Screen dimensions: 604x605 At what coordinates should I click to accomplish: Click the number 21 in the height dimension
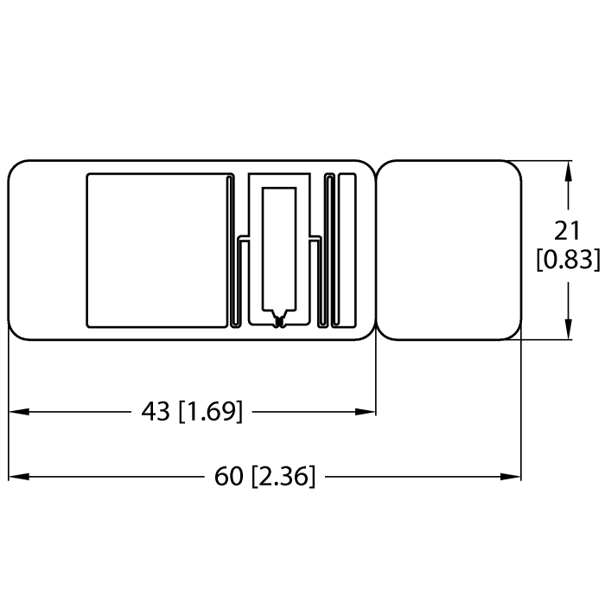coord(567,231)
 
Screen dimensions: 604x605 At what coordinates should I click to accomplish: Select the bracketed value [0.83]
coord(567,259)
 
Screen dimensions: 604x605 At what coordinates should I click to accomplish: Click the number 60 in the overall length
coord(230,476)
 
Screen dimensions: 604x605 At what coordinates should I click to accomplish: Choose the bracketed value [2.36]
coord(283,476)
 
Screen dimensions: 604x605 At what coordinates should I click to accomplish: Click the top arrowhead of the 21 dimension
coord(568,170)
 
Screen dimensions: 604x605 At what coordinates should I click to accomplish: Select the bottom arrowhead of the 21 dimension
coord(568,331)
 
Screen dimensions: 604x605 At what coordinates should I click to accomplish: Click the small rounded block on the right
coord(450,250)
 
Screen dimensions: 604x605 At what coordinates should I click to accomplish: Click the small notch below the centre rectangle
coord(278,321)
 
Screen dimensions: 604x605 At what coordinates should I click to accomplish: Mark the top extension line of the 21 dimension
coord(544,160)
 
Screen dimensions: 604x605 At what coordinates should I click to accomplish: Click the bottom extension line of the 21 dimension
coord(544,341)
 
